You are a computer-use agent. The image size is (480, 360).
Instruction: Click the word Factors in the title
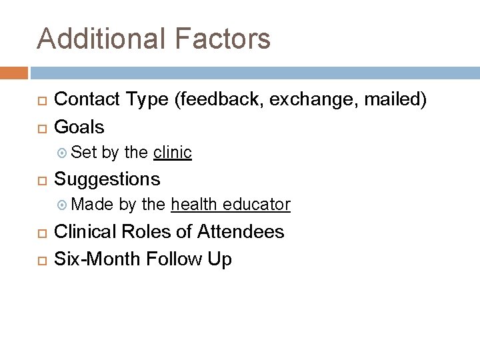229,39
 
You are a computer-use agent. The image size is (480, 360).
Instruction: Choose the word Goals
79,127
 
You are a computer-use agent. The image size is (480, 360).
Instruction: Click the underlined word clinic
173,153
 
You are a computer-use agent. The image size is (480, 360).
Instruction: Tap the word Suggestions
107,179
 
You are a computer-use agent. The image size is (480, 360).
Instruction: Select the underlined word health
194,205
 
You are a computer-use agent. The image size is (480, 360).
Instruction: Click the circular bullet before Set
63,153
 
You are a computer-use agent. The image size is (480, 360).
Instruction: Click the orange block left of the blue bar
14,72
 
